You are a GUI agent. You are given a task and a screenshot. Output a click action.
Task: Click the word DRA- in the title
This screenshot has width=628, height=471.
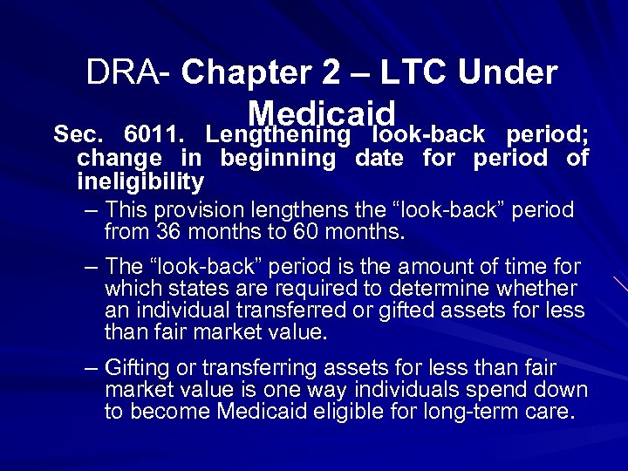click(x=130, y=72)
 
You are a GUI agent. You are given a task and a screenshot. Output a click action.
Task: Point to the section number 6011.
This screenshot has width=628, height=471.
click(x=154, y=135)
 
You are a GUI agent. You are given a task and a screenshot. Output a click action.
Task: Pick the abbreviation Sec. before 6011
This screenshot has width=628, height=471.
click(x=79, y=135)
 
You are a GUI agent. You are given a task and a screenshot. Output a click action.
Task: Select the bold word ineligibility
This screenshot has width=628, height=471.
click(x=140, y=181)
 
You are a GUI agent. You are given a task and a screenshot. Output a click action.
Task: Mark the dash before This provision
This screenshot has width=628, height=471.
click(x=92, y=210)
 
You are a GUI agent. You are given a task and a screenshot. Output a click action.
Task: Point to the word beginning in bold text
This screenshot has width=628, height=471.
click(x=277, y=159)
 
